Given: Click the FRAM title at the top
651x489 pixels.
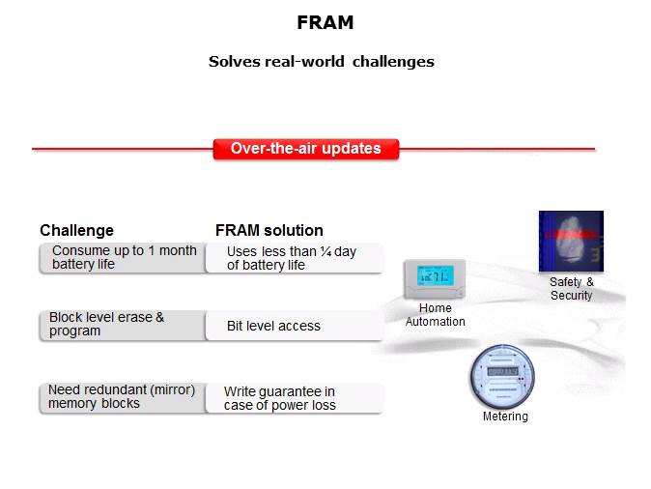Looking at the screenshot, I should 325,22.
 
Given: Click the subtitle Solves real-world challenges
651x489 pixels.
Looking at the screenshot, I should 321,62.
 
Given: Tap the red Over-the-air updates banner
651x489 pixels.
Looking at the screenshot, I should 305,149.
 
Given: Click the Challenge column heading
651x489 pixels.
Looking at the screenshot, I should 76,230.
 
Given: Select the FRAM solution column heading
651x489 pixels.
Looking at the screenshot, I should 269,230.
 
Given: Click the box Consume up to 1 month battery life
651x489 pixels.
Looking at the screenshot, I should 123,258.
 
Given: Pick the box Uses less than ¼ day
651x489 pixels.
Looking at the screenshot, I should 294,258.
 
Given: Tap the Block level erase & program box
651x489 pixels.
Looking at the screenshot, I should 123,325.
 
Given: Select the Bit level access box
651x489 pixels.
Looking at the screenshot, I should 294,326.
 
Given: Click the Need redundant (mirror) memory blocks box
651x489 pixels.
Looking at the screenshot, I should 123,397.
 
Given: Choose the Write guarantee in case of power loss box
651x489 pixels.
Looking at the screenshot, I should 294,398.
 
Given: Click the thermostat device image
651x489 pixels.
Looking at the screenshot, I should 434,279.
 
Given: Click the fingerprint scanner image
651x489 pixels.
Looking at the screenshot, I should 571,242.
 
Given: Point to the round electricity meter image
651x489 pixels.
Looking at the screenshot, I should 500,376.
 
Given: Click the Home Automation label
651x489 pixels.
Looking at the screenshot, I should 435,315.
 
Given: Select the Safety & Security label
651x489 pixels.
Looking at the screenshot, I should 571,289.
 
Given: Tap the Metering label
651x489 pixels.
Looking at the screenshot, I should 505,417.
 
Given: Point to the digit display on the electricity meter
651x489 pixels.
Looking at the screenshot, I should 501,370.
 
